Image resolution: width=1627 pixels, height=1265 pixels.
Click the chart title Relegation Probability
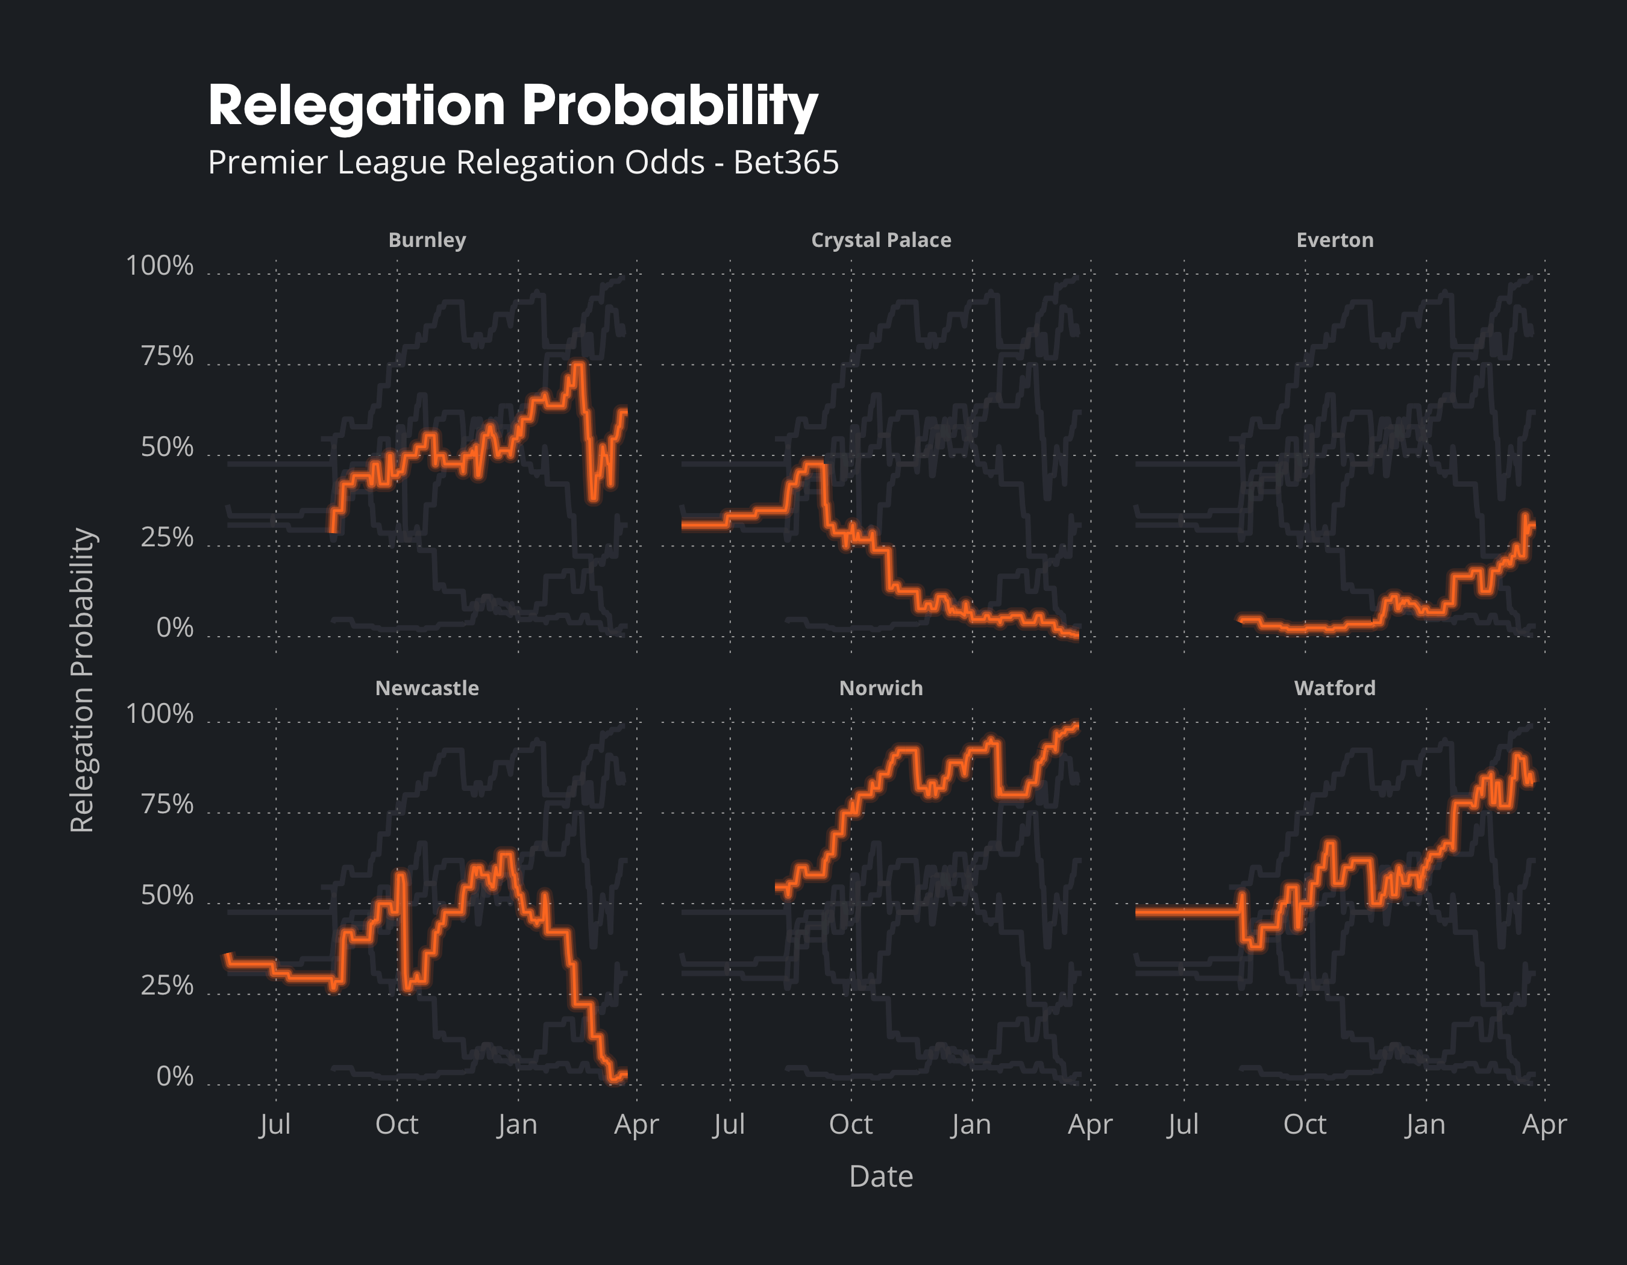[x=513, y=106]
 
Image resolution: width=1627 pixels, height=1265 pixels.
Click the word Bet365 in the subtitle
[x=786, y=162]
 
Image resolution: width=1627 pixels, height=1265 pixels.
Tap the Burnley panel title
[x=427, y=240]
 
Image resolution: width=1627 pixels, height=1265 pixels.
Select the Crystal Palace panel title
[x=880, y=240]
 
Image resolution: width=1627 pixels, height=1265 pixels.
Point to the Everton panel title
[x=1334, y=240]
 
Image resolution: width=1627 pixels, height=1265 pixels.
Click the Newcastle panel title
[x=427, y=688]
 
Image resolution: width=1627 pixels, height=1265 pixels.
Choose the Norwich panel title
[x=880, y=688]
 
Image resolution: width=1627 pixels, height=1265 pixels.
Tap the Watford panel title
[x=1334, y=688]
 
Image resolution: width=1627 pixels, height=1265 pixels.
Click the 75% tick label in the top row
[x=167, y=357]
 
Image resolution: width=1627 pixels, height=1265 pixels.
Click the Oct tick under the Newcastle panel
[x=397, y=1124]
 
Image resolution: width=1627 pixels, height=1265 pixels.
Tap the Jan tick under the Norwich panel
[x=971, y=1124]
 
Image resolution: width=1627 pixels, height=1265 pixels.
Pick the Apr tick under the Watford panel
[x=1544, y=1124]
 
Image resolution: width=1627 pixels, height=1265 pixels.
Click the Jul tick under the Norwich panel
[x=729, y=1124]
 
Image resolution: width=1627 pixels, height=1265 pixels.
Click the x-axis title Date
[x=880, y=1177]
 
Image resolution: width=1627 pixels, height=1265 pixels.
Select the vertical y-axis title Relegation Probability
[x=82, y=679]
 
